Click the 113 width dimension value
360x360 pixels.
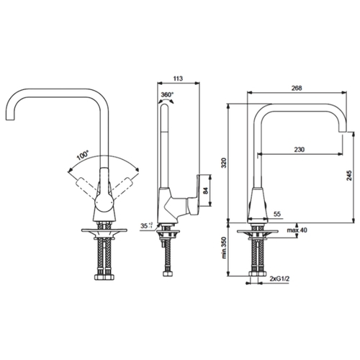tap(178, 78)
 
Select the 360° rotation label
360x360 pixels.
tap(167, 94)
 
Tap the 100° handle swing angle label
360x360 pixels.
tap(83, 156)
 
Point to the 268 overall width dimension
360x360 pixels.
tap(297, 88)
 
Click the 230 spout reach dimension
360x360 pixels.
tap(300, 150)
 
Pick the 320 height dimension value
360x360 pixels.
tap(224, 163)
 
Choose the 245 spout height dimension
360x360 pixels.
tap(349, 176)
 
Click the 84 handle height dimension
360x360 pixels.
tap(205, 191)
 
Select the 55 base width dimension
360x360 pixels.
tap(277, 214)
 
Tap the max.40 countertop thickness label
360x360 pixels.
tap(297, 230)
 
